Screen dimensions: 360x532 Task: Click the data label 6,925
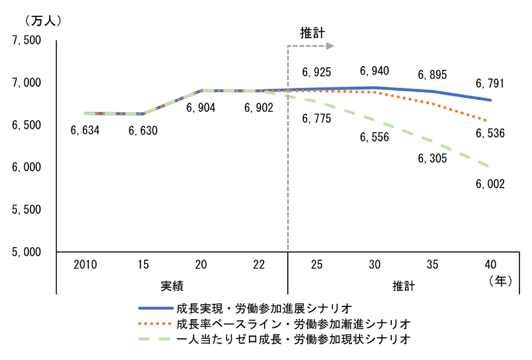316,71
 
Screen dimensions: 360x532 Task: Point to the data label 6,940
374,71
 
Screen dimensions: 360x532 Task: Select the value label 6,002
490,184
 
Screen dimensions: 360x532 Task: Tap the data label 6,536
490,133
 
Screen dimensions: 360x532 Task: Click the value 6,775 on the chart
316,118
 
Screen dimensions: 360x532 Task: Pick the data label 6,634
85,131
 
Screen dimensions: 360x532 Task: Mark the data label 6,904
201,108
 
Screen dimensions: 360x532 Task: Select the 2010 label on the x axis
85,265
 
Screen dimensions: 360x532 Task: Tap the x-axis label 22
259,265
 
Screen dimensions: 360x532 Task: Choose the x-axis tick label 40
490,265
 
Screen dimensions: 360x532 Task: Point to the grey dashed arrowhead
329,46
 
